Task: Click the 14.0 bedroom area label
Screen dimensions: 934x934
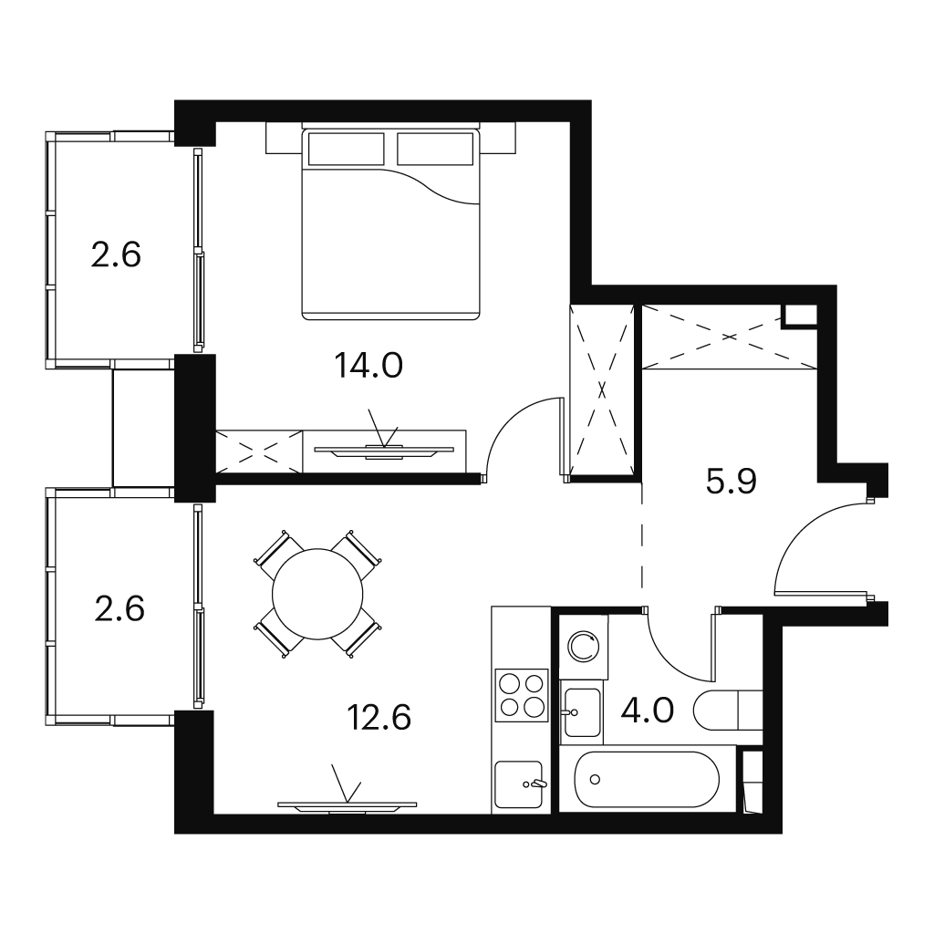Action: click(x=368, y=365)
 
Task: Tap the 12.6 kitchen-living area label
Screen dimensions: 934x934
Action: click(x=379, y=717)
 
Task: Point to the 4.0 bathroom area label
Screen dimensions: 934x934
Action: click(x=647, y=710)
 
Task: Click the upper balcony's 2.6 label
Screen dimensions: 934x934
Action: click(x=116, y=254)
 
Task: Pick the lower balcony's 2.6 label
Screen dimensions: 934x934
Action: click(x=119, y=608)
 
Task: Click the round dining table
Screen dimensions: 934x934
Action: click(x=317, y=594)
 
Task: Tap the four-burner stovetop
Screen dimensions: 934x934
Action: click(x=522, y=695)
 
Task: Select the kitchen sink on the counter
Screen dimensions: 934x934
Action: click(x=519, y=784)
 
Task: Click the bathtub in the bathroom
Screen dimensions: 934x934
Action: click(x=647, y=779)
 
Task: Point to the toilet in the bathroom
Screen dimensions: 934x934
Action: click(x=728, y=710)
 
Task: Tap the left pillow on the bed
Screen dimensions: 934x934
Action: click(x=346, y=149)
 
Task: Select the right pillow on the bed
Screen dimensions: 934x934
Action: click(x=435, y=149)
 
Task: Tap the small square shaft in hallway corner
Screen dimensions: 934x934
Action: click(x=800, y=315)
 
